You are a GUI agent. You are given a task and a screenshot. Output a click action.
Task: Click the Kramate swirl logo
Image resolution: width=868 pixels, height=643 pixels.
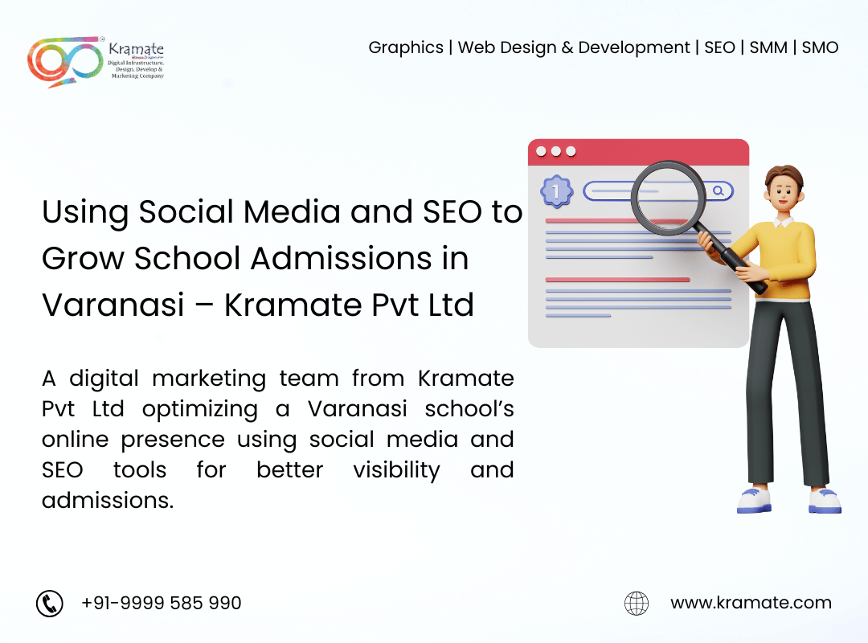(x=65, y=61)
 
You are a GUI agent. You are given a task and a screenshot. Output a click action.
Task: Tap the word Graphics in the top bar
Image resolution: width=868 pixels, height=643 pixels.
(x=406, y=48)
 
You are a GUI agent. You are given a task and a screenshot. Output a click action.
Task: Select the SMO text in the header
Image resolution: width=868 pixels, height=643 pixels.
(x=820, y=47)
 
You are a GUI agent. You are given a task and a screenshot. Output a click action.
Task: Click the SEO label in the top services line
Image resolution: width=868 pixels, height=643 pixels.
(x=719, y=47)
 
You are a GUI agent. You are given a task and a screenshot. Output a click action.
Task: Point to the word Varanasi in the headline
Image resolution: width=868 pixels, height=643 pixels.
(x=113, y=305)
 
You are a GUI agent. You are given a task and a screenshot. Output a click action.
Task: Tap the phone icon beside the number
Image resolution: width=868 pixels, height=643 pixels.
(x=50, y=603)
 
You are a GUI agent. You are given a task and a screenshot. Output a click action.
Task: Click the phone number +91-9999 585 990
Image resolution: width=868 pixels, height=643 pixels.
(x=161, y=603)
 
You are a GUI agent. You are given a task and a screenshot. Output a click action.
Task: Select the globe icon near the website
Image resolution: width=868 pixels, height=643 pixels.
(x=637, y=603)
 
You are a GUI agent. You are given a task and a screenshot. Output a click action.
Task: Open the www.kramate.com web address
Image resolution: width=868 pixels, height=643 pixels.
(x=751, y=603)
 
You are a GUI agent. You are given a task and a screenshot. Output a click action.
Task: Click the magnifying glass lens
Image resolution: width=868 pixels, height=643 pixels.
(x=668, y=197)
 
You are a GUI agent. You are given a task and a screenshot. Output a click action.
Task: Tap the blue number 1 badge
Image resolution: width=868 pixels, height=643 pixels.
(x=556, y=191)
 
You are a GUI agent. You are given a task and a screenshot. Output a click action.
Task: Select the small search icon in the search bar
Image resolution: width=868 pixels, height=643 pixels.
(x=718, y=191)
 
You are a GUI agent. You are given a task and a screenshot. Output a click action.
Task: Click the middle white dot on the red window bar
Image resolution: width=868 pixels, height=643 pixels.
(x=556, y=151)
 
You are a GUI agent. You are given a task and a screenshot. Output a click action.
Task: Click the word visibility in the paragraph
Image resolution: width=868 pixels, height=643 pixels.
(x=396, y=470)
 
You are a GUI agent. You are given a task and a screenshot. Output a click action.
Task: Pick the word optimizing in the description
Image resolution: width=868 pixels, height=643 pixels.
(x=200, y=410)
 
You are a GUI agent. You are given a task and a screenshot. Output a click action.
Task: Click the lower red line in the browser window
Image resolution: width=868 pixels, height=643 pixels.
(x=617, y=280)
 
